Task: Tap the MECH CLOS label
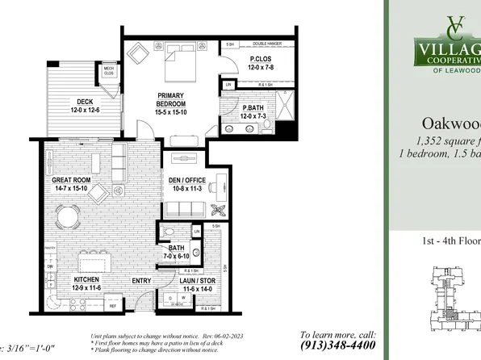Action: click(x=107, y=70)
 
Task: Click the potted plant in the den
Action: click(x=220, y=209)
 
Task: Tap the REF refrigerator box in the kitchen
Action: click(x=113, y=308)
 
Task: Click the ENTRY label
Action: click(x=142, y=281)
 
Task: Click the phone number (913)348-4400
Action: click(x=339, y=345)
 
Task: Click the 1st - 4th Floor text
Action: click(x=449, y=241)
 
